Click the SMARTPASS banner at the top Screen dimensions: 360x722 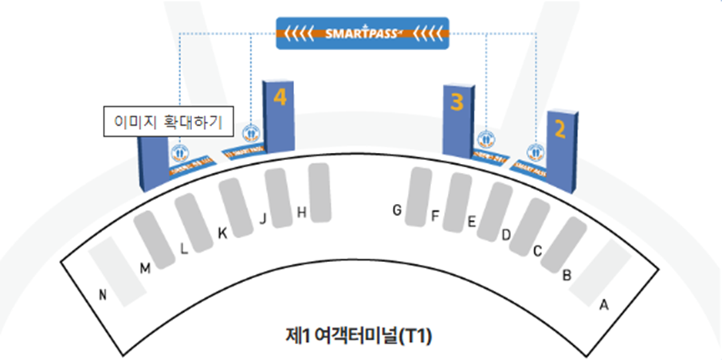(x=362, y=33)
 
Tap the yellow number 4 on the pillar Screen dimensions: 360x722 (x=279, y=97)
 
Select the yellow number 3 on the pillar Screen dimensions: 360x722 (x=457, y=102)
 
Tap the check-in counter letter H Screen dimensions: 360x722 (x=301, y=212)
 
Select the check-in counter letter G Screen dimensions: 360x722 (x=396, y=209)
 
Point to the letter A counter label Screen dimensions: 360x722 (x=603, y=303)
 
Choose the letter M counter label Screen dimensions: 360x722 (x=144, y=268)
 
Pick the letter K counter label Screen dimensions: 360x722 (x=222, y=234)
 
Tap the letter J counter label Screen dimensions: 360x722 (x=262, y=220)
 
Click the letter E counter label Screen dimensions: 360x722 (x=471, y=223)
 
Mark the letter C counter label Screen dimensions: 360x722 (x=537, y=252)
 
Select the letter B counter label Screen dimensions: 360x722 (x=567, y=276)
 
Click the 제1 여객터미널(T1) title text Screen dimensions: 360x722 (x=362, y=337)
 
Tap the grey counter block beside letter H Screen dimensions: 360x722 (x=319, y=192)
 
